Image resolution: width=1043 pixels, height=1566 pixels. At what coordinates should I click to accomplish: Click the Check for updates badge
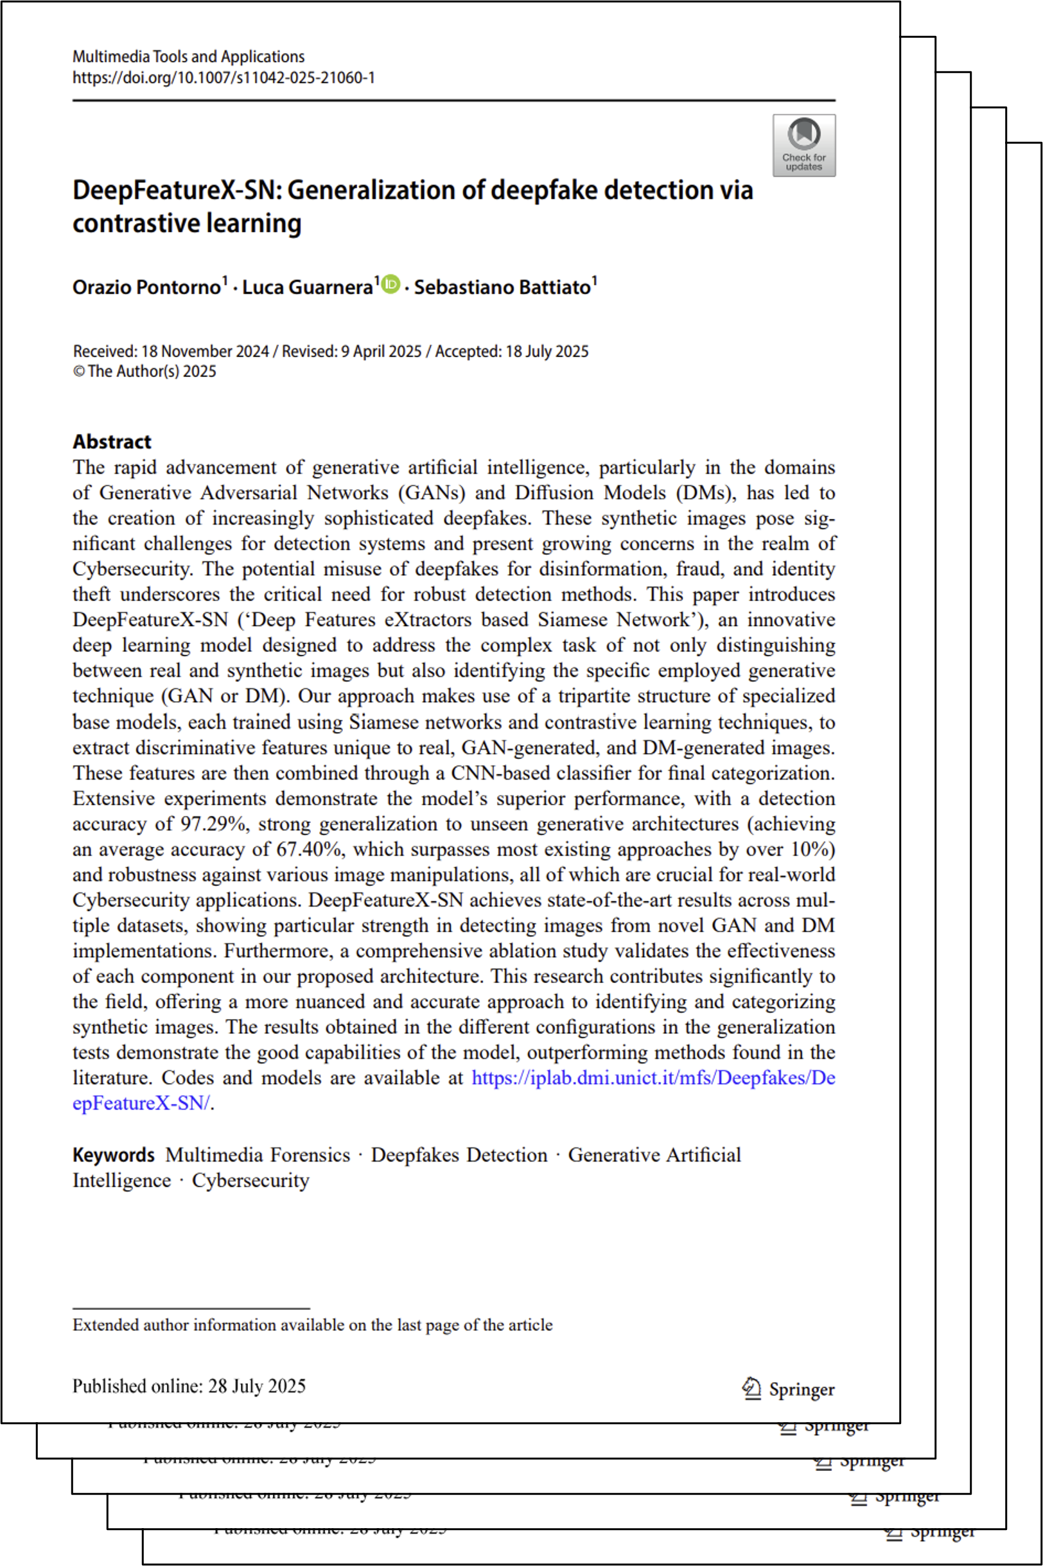(803, 145)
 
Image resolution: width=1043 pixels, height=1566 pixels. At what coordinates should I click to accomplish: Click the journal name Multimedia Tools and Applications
(188, 57)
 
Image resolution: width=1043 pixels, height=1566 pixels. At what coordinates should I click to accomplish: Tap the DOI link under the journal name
(223, 78)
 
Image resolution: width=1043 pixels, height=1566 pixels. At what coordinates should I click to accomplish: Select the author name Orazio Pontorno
(146, 287)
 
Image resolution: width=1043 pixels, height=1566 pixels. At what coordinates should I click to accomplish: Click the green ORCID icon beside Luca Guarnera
(391, 284)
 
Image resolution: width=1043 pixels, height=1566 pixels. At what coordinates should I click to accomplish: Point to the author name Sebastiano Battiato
(502, 287)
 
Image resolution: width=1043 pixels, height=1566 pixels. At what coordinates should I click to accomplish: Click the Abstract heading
(112, 442)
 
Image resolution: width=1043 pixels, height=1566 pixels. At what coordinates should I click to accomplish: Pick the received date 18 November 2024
(205, 351)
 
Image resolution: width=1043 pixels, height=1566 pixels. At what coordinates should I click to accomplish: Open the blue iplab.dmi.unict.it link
(653, 1077)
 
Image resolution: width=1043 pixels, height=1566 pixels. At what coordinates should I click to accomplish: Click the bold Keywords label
(113, 1155)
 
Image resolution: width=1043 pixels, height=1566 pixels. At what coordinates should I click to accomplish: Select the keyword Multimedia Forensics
(258, 1155)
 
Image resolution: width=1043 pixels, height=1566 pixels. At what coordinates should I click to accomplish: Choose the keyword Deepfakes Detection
(459, 1155)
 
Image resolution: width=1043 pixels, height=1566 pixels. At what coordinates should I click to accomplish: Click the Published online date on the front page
(189, 1386)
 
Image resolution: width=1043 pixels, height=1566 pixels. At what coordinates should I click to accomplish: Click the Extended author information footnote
(312, 1325)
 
